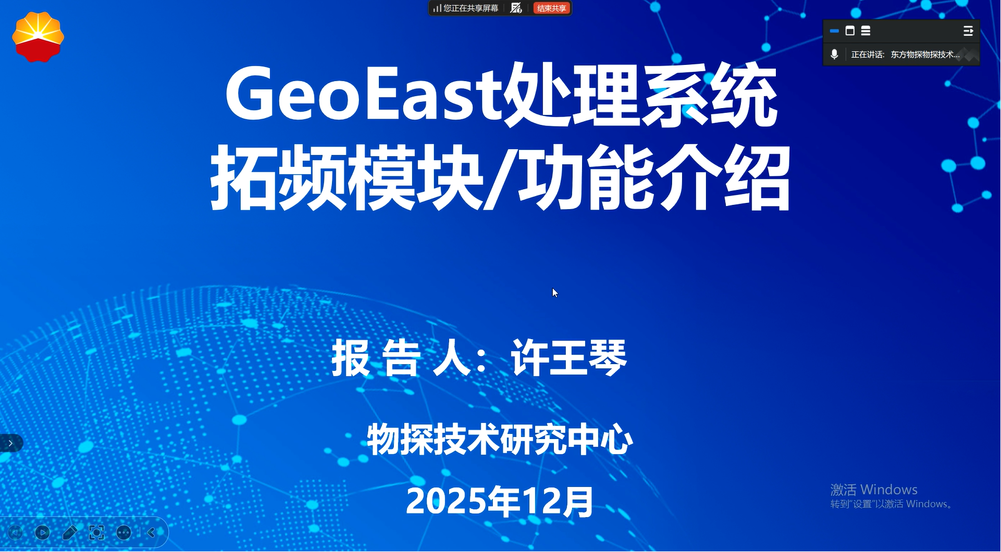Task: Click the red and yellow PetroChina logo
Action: coord(38,37)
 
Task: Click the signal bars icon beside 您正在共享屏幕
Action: coord(437,8)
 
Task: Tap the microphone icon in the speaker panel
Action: coord(834,54)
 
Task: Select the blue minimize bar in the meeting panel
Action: coord(834,31)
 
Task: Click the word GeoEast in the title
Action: coord(363,94)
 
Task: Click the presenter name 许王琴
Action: coord(569,357)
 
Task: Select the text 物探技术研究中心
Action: coord(500,440)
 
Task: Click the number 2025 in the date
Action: coord(446,501)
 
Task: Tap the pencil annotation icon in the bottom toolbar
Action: coord(69,533)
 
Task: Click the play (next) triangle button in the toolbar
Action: coord(43,533)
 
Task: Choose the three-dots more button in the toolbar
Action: coord(123,533)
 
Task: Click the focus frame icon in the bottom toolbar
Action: coord(96,533)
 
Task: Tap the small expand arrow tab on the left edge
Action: coord(10,443)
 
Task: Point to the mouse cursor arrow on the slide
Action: coord(555,293)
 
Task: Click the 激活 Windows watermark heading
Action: coord(873,490)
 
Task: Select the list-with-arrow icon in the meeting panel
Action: coord(968,31)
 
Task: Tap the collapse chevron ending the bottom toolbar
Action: coord(151,533)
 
